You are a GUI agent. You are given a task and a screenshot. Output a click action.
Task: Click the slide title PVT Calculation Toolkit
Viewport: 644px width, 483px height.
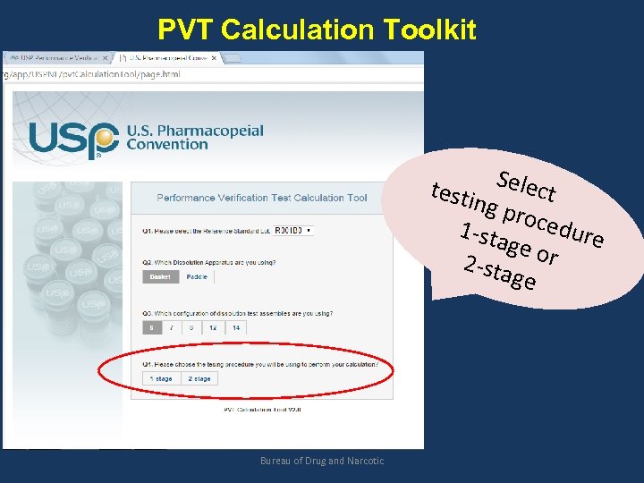(x=317, y=30)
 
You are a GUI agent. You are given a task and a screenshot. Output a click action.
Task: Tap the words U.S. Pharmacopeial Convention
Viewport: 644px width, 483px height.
(x=195, y=137)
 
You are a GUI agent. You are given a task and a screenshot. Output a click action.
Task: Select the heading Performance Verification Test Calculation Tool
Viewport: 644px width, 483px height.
(x=262, y=198)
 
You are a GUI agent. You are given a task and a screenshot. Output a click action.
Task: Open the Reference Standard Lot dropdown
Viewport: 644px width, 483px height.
(x=292, y=230)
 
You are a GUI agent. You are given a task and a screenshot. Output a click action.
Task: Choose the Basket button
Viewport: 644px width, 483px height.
(x=160, y=277)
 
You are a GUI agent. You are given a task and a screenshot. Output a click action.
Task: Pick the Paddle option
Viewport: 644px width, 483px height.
(x=197, y=277)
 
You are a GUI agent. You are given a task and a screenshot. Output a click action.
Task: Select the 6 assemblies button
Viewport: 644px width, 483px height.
(x=151, y=328)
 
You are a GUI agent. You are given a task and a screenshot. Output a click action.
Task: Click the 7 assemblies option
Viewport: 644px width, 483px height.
(x=171, y=328)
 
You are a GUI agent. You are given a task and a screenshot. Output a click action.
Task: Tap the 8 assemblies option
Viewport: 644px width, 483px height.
(x=191, y=328)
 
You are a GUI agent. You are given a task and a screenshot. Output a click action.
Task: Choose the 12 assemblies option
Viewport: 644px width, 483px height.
(x=213, y=328)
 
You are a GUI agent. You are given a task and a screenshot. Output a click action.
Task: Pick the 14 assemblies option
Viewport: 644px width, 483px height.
(x=235, y=328)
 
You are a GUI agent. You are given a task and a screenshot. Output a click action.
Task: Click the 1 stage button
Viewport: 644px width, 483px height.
(x=162, y=378)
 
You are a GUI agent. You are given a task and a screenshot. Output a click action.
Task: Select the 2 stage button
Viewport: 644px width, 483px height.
(x=199, y=378)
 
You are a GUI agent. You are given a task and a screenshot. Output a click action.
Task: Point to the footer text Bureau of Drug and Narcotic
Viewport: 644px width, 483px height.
(x=322, y=461)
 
